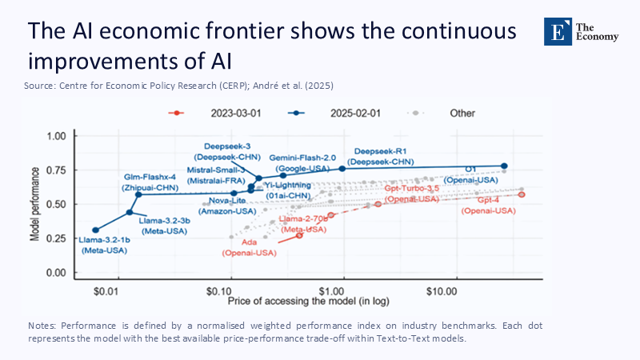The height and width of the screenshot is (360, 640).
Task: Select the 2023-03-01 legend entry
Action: click(x=206, y=113)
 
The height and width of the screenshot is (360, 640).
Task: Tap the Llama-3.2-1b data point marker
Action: click(x=96, y=230)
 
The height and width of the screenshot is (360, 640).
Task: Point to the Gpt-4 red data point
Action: click(x=522, y=194)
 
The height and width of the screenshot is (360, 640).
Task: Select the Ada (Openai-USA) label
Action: click(x=248, y=247)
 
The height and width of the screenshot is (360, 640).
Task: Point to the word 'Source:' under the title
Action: click(x=40, y=85)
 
